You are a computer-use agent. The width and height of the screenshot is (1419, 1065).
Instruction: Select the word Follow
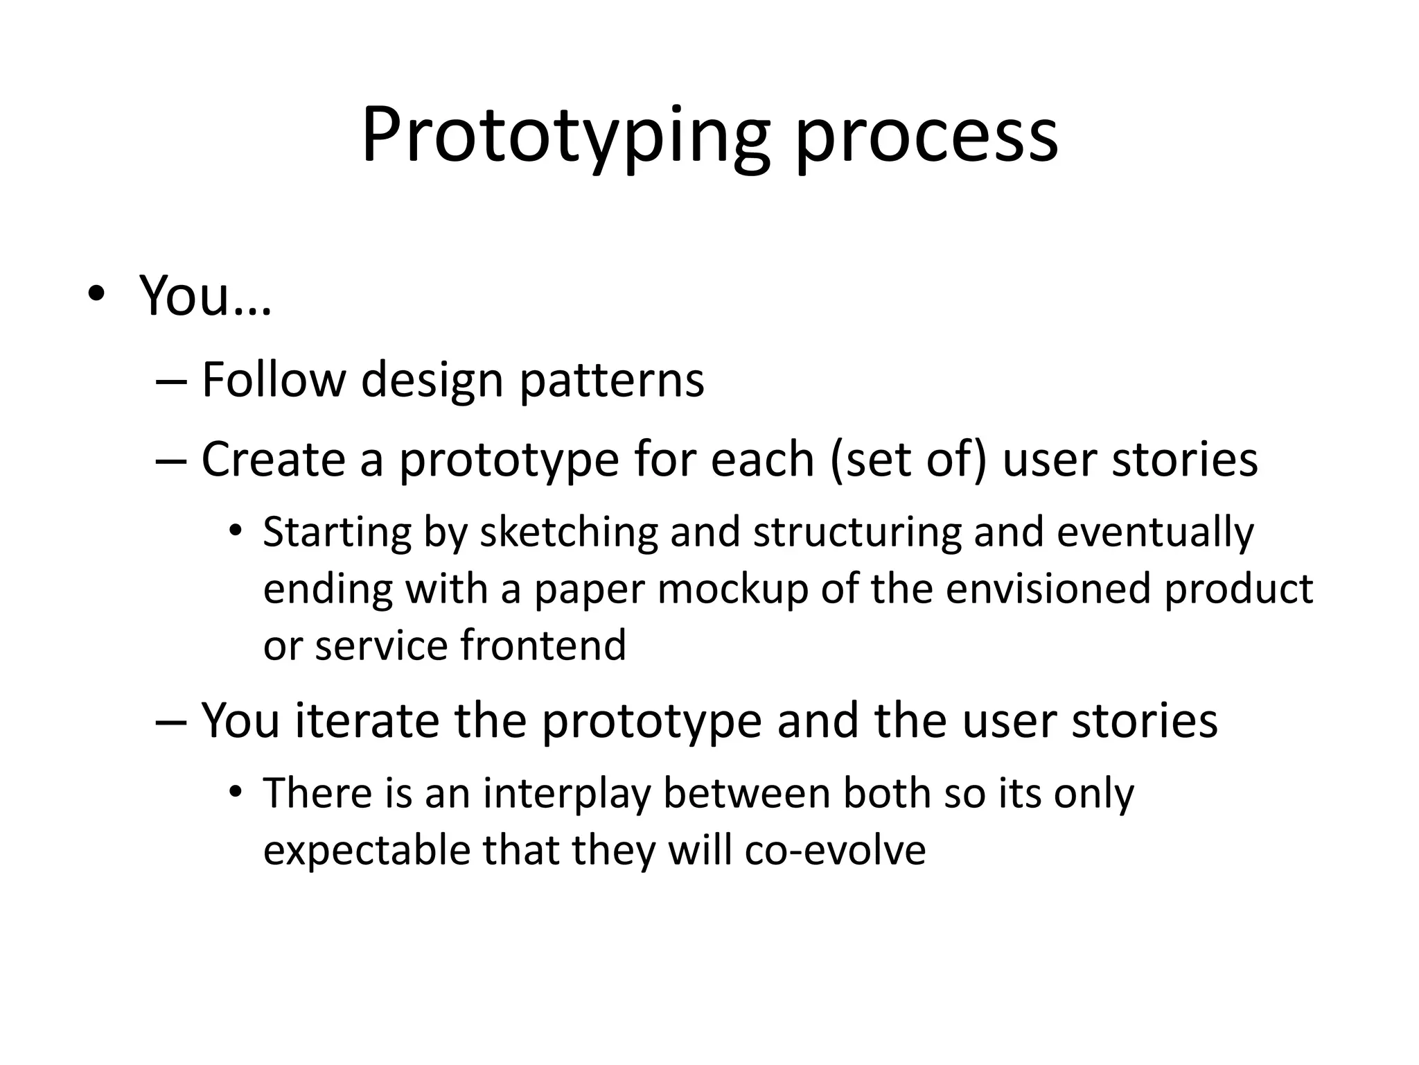[274, 379]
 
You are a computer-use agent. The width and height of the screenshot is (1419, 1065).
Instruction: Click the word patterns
[612, 381]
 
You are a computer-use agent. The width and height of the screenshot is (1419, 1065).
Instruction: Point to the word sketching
[568, 532]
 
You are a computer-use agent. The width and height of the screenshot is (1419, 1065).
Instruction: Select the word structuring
[857, 532]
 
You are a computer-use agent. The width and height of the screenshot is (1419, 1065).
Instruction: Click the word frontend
[543, 645]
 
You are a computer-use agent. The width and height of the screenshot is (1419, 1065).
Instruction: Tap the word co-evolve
[835, 851]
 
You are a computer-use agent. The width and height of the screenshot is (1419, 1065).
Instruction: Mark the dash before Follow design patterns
[171, 381]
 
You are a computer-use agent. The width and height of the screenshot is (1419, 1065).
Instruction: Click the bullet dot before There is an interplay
[236, 793]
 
